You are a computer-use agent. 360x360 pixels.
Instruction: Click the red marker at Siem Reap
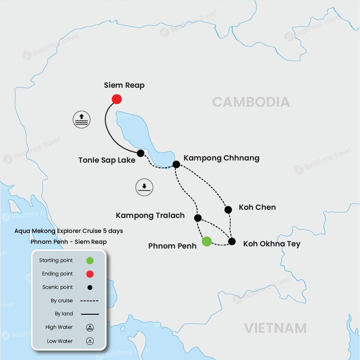point(117,99)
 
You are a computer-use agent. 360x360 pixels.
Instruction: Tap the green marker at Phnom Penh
point(207,241)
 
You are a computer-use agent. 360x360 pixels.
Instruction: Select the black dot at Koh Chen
point(228,210)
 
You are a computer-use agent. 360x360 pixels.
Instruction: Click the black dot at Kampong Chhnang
point(176,164)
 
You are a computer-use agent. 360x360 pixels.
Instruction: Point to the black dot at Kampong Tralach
point(198,218)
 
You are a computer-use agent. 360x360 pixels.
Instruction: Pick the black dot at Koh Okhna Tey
point(232,241)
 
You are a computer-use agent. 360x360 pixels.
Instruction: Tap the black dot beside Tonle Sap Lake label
point(141,153)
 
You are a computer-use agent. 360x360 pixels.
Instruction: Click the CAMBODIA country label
point(251,102)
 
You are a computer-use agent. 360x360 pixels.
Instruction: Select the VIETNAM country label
point(275,328)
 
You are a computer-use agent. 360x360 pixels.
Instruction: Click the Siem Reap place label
point(124,85)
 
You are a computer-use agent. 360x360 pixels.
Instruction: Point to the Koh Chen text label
point(257,207)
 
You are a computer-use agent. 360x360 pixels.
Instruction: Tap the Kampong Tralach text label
point(150,215)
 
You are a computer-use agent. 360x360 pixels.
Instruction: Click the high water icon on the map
point(81,120)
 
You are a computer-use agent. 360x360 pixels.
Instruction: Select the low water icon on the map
point(144,187)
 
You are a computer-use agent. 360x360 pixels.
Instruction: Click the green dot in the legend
point(90,261)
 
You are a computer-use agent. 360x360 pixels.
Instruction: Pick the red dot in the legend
point(90,274)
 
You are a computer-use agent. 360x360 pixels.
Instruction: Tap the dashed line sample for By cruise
point(89,301)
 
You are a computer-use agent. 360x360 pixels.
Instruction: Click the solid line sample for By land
point(90,314)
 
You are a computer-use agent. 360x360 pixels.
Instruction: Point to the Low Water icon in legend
point(90,341)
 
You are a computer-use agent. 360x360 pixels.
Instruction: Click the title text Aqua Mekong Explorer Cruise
point(69,231)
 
